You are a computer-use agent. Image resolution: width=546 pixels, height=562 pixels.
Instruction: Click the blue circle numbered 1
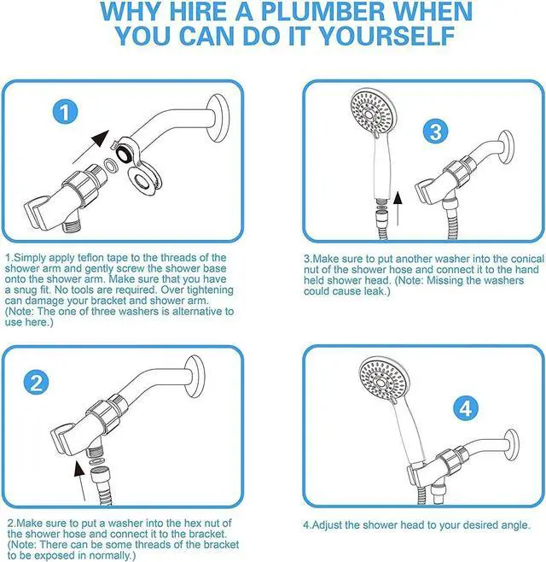point(65,112)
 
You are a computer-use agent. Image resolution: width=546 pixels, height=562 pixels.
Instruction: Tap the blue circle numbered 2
point(36,383)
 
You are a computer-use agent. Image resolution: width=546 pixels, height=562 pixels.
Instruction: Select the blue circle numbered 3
point(436,132)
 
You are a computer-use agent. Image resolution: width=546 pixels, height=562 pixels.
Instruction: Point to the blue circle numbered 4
point(466,409)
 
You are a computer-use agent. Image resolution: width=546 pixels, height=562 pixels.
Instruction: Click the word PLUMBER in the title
point(325,11)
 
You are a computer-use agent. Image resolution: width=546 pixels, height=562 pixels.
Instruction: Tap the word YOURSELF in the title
point(386,36)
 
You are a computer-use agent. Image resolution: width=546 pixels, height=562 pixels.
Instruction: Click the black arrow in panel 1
point(91,147)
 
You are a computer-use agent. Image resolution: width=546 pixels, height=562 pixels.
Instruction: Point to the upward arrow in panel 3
point(398,208)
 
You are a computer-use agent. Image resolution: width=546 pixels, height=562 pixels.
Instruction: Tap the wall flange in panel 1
point(217,118)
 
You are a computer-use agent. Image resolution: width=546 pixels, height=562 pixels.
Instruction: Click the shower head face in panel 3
point(372,114)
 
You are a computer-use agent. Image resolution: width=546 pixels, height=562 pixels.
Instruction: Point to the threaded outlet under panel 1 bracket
point(71,226)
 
